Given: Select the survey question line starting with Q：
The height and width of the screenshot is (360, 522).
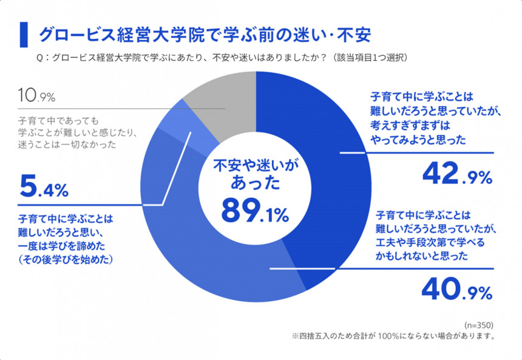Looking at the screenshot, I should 222,58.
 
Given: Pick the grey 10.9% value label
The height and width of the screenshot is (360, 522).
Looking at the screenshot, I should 37,96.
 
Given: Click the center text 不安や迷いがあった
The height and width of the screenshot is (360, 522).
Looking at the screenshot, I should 256,172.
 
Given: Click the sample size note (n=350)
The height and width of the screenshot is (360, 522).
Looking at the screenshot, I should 480,325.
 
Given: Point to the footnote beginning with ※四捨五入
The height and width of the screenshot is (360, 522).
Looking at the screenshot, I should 394,336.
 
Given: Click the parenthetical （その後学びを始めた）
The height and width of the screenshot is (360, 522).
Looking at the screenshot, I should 67,259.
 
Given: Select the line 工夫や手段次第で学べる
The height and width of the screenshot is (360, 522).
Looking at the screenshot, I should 425,243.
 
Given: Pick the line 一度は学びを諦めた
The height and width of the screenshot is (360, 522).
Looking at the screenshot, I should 64,245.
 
